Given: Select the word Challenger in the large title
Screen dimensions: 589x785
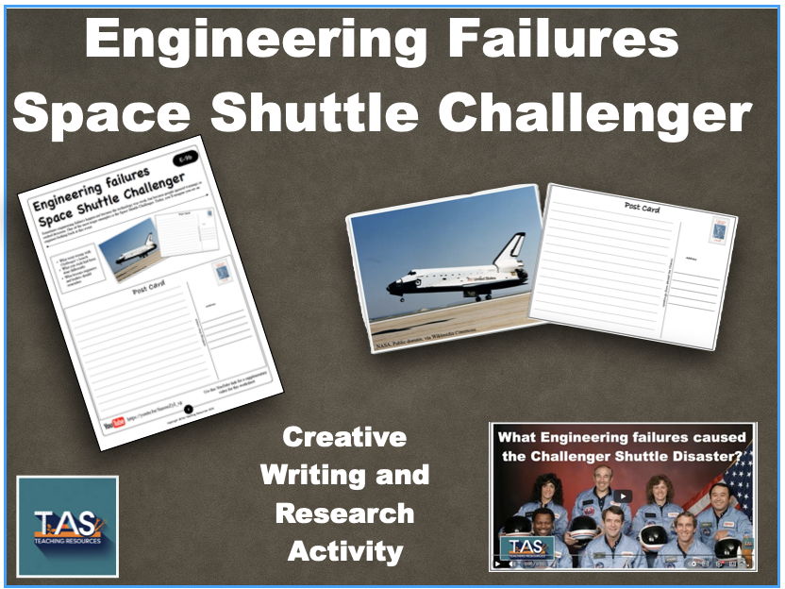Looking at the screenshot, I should [x=595, y=113].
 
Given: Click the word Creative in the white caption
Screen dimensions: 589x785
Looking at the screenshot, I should [x=344, y=438].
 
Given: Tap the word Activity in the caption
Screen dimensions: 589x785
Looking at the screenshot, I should [x=345, y=551].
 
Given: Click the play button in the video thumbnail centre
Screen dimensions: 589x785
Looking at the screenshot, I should [x=623, y=496].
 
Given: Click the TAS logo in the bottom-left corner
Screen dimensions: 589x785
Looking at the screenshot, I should [x=67, y=526].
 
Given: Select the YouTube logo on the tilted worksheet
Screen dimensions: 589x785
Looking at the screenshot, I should [x=119, y=422].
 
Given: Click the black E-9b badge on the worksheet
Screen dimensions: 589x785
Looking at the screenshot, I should [x=186, y=160].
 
